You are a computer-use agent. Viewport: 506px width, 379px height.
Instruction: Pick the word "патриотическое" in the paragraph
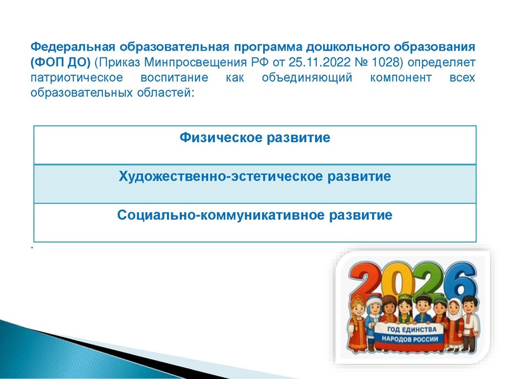click(71, 79)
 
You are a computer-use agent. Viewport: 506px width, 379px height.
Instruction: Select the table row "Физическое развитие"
click(254, 138)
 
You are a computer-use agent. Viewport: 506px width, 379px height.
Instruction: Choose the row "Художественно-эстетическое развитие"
click(254, 176)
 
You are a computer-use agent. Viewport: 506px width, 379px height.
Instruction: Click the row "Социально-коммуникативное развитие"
click(254, 215)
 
